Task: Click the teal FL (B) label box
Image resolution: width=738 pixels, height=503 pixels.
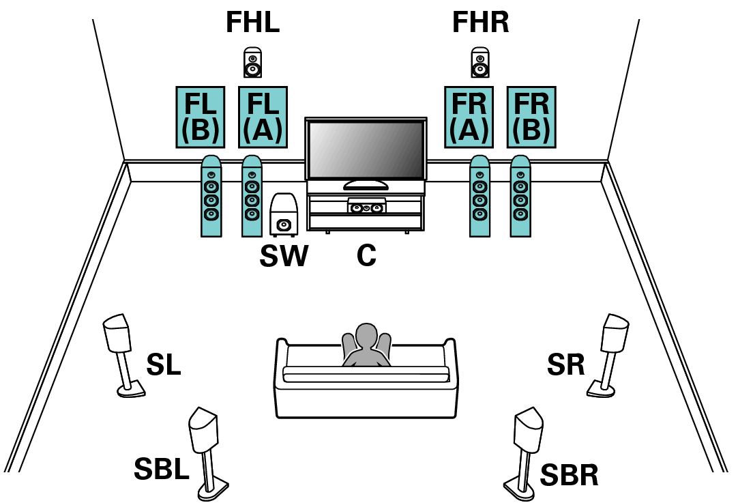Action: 201,117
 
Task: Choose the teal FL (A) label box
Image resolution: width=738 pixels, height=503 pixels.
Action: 263,117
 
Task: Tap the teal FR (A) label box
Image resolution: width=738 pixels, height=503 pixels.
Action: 469,117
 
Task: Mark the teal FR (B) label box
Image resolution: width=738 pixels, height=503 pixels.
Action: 531,117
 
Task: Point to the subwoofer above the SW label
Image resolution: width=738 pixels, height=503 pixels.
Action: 283,214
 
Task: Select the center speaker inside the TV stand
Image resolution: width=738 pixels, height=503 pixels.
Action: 366,205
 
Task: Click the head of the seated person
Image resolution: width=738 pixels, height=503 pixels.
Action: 366,336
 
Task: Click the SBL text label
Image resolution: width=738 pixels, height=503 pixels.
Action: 161,469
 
